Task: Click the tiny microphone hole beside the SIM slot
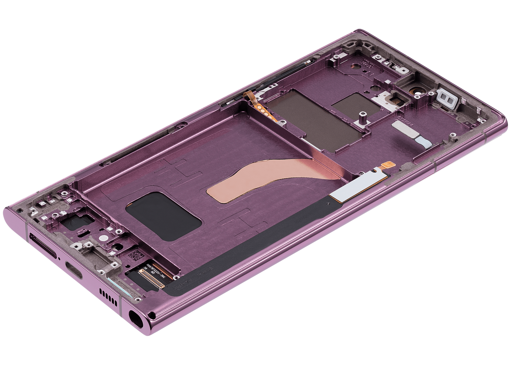(59, 258)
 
